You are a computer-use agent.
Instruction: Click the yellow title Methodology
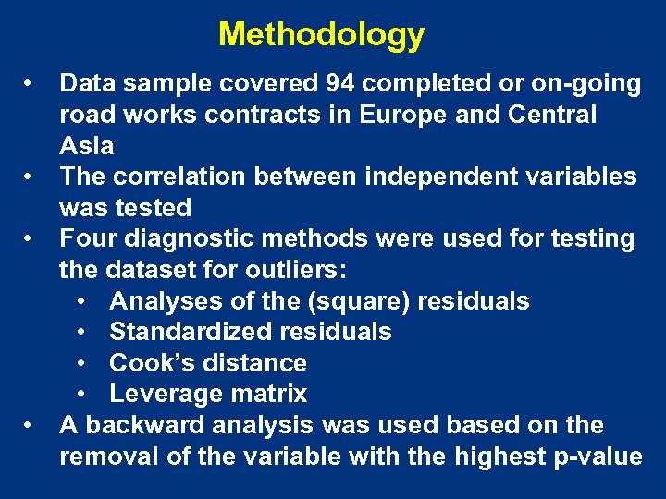(x=321, y=35)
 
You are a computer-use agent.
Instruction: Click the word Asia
(x=87, y=146)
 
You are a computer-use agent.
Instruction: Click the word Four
(x=88, y=238)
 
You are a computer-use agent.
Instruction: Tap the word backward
(x=143, y=425)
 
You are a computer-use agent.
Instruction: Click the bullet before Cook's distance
(x=82, y=363)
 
